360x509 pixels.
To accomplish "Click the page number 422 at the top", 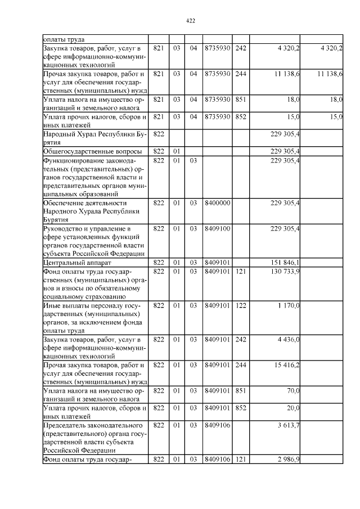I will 190,21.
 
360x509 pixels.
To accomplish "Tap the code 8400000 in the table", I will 217,202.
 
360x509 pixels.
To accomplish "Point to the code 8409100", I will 217,228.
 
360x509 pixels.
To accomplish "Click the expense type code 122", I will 241,305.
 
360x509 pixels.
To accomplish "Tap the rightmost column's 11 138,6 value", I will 330,74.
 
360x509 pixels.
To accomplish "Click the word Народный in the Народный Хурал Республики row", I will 58,134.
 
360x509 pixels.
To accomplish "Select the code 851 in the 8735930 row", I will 241,99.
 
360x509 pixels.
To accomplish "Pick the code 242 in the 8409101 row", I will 241,340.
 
